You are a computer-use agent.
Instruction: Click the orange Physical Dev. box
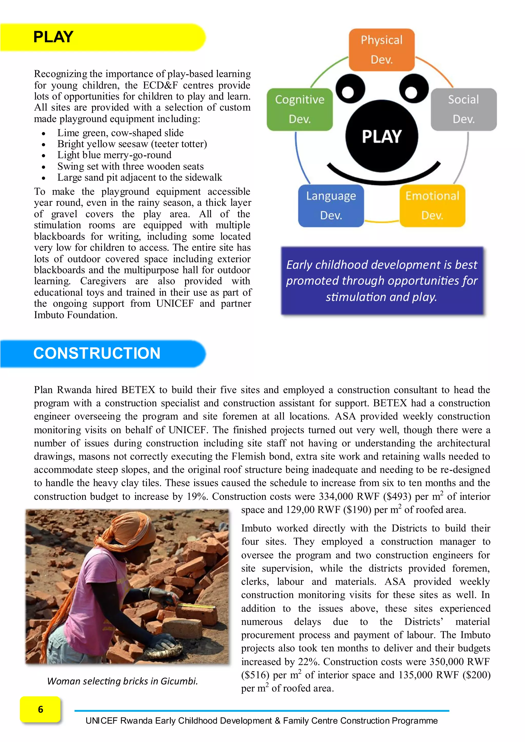tap(381, 49)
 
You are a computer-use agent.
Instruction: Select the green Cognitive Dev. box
tap(300, 109)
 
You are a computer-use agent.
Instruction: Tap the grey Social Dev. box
tap(463, 109)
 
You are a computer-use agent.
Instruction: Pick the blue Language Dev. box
tap(331, 205)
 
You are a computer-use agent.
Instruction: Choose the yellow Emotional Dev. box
tap(432, 205)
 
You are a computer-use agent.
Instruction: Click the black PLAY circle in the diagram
tap(381, 136)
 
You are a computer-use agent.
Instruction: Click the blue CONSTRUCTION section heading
tap(97, 353)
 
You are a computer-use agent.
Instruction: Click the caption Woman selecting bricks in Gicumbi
tap(122, 681)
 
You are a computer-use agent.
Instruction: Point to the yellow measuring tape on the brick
tap(197, 605)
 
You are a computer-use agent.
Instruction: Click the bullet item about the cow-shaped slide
tap(120, 133)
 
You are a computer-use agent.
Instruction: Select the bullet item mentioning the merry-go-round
tap(114, 155)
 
